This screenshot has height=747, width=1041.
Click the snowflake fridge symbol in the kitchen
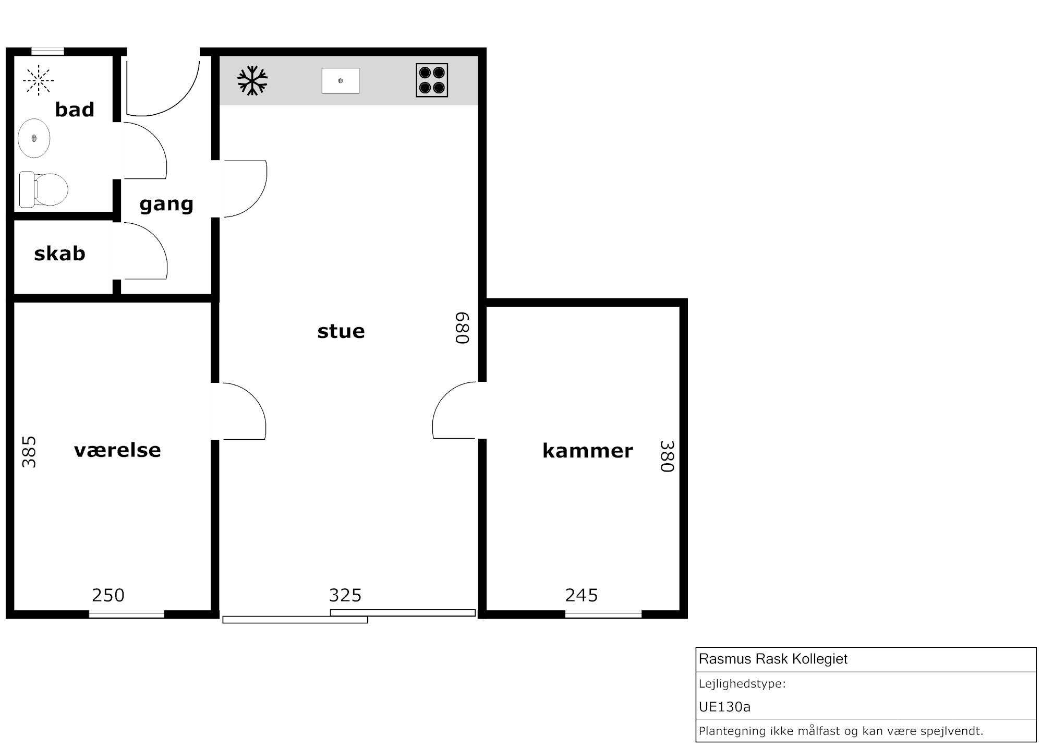252,80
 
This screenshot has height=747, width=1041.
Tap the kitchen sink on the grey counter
341,81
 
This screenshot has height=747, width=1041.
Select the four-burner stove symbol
432,80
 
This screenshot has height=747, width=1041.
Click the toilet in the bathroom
44,189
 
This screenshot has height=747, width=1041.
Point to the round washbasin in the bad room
34,138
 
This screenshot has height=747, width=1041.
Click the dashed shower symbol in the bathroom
38,80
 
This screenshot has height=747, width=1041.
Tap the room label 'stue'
341,331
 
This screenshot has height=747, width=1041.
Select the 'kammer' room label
588,451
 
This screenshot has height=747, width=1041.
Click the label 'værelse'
117,450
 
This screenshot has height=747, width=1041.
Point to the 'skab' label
59,254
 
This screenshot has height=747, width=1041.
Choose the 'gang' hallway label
166,204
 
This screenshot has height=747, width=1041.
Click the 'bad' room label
75,110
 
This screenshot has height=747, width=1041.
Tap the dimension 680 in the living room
463,328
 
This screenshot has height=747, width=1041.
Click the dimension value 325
345,595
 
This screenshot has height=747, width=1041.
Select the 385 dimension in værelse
29,452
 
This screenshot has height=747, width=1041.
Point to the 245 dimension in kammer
582,595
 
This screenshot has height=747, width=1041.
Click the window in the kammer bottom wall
603,614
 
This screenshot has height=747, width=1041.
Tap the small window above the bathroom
47,51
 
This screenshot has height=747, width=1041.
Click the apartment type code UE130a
724,707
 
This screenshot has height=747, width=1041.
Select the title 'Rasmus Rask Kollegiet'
773,659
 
